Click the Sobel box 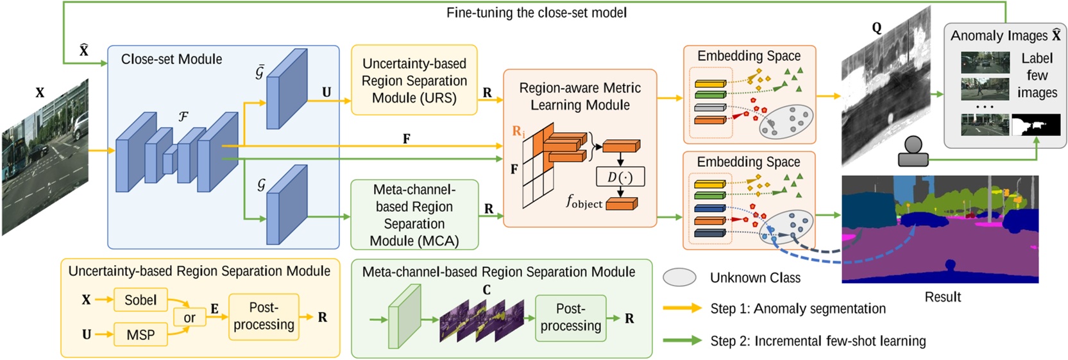click(x=140, y=300)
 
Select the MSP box click(x=140, y=334)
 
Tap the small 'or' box click(x=189, y=317)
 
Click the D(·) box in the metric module click(x=620, y=177)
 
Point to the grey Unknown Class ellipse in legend click(x=679, y=277)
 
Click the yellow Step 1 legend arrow click(x=682, y=308)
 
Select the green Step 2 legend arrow click(x=682, y=341)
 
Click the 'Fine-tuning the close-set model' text click(x=536, y=13)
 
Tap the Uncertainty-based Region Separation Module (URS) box click(x=414, y=80)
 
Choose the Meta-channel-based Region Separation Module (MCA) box click(x=414, y=214)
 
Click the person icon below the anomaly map click(x=913, y=151)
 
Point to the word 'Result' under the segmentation click(x=942, y=297)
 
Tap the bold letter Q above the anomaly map click(x=877, y=28)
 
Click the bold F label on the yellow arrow click(x=406, y=139)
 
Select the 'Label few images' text click(x=1037, y=76)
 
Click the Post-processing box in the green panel click(x=570, y=318)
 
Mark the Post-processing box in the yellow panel click(x=264, y=316)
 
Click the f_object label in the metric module click(x=584, y=202)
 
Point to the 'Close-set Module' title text click(x=171, y=59)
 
